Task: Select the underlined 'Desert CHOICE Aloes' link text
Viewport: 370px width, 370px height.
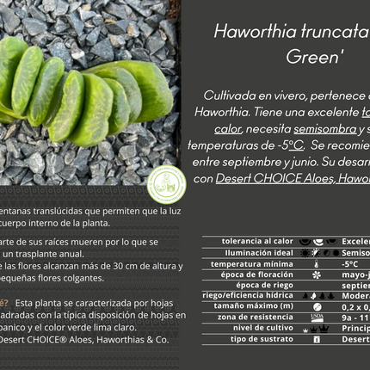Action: click(266, 178)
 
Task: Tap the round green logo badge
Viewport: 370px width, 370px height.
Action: click(166, 185)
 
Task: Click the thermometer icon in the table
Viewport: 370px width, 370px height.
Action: click(317, 263)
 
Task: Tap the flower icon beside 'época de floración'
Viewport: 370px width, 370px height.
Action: click(317, 274)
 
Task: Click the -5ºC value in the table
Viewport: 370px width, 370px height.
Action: click(350, 263)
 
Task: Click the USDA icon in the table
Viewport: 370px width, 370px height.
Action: click(317, 317)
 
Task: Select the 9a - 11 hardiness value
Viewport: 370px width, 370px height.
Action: click(355, 317)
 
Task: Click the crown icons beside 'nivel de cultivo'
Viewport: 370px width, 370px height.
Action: click(317, 328)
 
